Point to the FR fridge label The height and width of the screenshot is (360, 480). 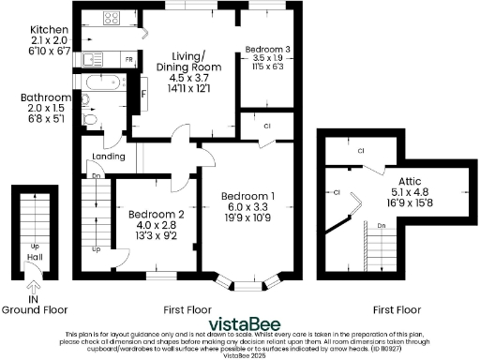128,60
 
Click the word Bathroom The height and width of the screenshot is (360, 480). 46,97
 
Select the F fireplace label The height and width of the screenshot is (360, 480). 143,94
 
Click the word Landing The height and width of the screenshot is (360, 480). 109,157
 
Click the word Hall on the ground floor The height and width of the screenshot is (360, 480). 33,259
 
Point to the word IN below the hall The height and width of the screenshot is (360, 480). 33,299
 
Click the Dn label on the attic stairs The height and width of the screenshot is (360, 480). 382,226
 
